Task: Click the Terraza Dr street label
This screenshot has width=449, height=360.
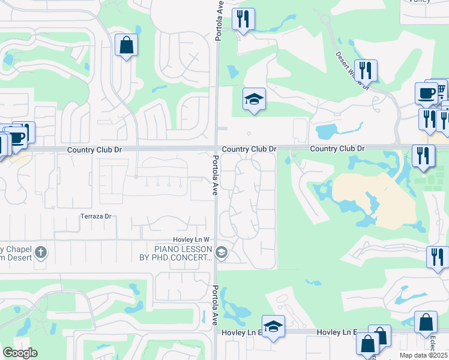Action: [x=97, y=216]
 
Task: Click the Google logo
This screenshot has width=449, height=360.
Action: [x=20, y=353]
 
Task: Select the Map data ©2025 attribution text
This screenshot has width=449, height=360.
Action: [x=423, y=355]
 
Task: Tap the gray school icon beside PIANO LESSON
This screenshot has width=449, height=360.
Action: [x=221, y=253]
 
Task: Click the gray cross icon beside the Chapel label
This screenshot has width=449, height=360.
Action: [x=41, y=251]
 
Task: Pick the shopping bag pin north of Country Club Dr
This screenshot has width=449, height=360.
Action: [x=126, y=45]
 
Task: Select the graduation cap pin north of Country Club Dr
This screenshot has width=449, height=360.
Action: [x=254, y=99]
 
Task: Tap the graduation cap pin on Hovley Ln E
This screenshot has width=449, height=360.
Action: [x=273, y=327]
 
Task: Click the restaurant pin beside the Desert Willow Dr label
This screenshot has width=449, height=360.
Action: [x=366, y=70]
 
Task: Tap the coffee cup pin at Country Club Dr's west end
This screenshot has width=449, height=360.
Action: [x=16, y=137]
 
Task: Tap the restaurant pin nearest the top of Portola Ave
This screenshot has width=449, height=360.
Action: [x=243, y=19]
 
